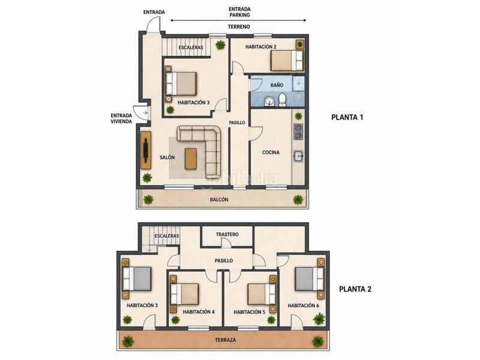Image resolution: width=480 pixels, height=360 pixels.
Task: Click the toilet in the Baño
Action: (x=282, y=100)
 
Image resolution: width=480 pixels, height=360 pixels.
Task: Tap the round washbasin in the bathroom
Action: (x=269, y=101)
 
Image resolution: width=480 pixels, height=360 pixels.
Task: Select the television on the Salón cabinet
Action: (x=146, y=150)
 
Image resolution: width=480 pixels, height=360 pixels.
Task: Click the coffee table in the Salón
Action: (x=191, y=158)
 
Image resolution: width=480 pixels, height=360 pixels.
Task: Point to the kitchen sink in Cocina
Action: (x=298, y=156)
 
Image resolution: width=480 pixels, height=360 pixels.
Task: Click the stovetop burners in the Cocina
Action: (x=298, y=131)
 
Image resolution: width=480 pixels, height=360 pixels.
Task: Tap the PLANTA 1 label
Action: (x=347, y=117)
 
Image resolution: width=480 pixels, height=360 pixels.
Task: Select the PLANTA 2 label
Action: (x=355, y=289)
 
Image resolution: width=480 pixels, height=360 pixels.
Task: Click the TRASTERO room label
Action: (x=227, y=235)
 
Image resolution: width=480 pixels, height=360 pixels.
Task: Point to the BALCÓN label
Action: (x=219, y=200)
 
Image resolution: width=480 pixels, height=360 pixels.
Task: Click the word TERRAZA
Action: (x=226, y=340)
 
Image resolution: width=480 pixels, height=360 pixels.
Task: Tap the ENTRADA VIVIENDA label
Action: (x=121, y=118)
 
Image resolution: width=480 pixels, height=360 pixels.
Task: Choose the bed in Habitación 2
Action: (x=287, y=61)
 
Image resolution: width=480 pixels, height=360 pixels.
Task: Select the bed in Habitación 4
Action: (x=185, y=294)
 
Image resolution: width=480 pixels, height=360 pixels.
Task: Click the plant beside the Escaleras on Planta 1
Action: (x=220, y=45)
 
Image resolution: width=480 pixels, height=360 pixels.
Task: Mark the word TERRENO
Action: (x=239, y=26)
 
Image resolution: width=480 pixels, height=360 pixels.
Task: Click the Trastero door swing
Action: (x=227, y=243)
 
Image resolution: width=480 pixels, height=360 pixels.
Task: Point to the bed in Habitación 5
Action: (x=262, y=294)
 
